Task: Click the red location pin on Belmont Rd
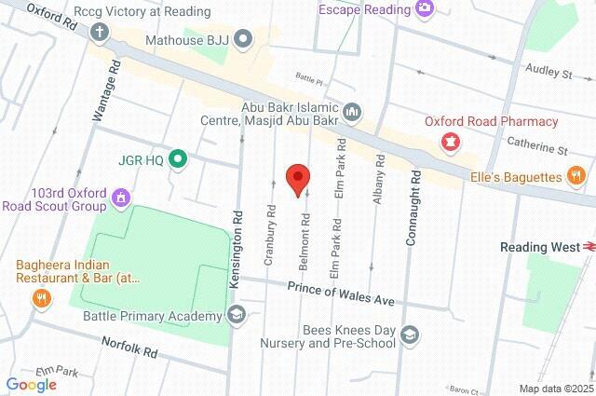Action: (297, 178)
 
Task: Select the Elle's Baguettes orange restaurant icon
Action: (577, 175)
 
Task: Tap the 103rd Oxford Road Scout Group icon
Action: (119, 198)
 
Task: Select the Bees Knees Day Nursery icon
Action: (411, 335)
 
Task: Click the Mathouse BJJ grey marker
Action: (243, 38)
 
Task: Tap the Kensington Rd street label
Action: (238, 240)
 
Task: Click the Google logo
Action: (31, 384)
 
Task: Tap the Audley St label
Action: (549, 71)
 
